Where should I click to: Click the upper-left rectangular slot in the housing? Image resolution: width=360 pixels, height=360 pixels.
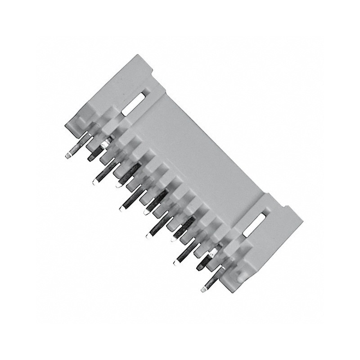pyautogui.click(x=134, y=103)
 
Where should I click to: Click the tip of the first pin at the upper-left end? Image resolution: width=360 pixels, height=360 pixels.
pyautogui.click(x=67, y=156)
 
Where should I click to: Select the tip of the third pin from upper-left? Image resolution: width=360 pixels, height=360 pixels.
pyautogui.click(x=95, y=182)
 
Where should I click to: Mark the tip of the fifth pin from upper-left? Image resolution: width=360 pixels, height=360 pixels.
pyautogui.click(x=122, y=208)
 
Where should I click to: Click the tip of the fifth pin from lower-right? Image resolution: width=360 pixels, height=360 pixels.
pyautogui.click(x=149, y=235)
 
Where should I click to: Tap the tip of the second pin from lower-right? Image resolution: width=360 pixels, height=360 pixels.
pyautogui.click(x=198, y=267)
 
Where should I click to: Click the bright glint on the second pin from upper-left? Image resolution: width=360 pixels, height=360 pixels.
pyautogui.click(x=105, y=144)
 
